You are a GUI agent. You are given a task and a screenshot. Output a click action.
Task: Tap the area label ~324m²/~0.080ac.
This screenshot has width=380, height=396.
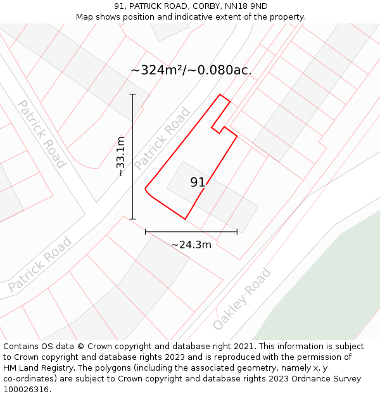click(x=191, y=70)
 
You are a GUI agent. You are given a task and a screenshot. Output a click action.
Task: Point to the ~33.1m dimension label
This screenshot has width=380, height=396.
click(x=120, y=156)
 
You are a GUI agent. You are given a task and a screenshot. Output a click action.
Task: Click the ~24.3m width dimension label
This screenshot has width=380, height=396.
click(x=191, y=245)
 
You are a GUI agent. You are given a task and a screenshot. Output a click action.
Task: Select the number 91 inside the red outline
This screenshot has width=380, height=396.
click(x=198, y=182)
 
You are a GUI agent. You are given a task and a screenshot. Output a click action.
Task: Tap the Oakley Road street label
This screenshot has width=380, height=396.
click(x=242, y=298)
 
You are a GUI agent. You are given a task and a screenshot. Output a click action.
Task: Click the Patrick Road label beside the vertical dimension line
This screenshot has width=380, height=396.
click(x=162, y=139)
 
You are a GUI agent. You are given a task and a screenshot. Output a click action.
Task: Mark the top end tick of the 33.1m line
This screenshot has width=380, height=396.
click(x=133, y=94)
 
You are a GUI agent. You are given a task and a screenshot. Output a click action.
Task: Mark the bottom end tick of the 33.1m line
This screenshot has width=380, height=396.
click(x=133, y=219)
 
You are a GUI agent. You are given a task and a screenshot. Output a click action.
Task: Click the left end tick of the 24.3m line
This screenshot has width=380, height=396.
click(x=146, y=232)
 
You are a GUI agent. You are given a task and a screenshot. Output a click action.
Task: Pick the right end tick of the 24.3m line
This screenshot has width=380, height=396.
click(x=237, y=232)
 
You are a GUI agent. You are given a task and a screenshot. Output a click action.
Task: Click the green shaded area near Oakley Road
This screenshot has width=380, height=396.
click(x=329, y=285)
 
